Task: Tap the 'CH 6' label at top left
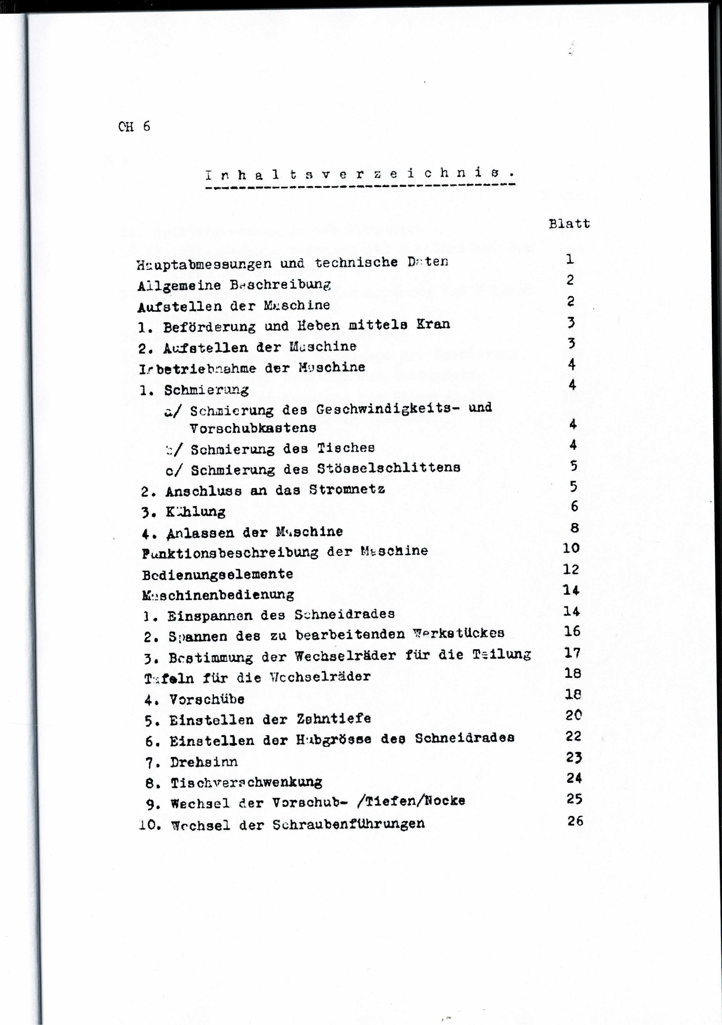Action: pyautogui.click(x=134, y=126)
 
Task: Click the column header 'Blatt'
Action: pyautogui.click(x=569, y=223)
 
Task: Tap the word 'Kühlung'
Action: pyautogui.click(x=195, y=512)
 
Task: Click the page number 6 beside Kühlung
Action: pyautogui.click(x=574, y=506)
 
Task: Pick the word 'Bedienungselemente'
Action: pyautogui.click(x=218, y=575)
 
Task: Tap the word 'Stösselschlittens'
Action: pyautogui.click(x=389, y=468)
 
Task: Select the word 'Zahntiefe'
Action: pyautogui.click(x=334, y=719)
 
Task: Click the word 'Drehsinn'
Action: pyautogui.click(x=204, y=762)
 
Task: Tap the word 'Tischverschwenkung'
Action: pyautogui.click(x=246, y=783)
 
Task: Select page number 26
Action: pyautogui.click(x=575, y=820)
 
